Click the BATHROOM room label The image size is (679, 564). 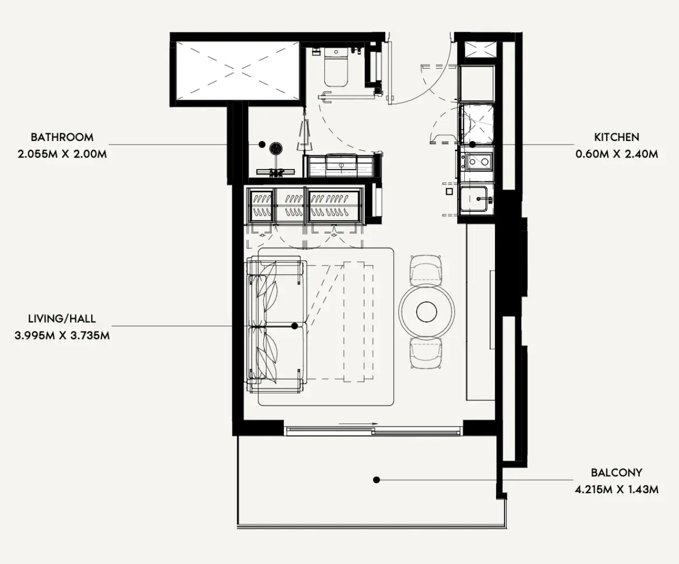click(x=62, y=137)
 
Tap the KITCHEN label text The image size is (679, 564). click(x=616, y=137)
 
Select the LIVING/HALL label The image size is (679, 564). click(x=62, y=318)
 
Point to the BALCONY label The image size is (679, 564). click(x=616, y=473)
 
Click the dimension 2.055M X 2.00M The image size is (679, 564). click(x=62, y=154)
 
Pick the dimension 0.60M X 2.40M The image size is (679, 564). click(x=616, y=154)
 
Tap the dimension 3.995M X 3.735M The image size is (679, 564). click(x=62, y=335)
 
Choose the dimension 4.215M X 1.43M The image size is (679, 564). click(x=616, y=490)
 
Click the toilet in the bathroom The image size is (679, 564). click(x=336, y=67)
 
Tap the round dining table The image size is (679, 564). click(x=426, y=311)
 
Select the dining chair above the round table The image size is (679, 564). click(x=426, y=269)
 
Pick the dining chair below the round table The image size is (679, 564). click(x=426, y=353)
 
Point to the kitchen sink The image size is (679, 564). click(x=474, y=199)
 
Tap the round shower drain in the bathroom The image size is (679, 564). click(x=276, y=148)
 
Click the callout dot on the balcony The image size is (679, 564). click(x=377, y=480)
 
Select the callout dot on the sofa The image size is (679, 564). click(x=295, y=326)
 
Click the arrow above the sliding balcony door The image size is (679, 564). click(x=358, y=424)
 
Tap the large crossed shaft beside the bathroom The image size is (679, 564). click(x=238, y=70)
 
